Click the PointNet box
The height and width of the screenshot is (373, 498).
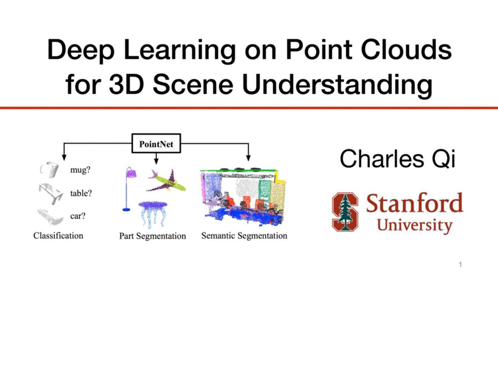[x=156, y=144]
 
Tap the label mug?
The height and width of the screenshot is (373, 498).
[x=80, y=170]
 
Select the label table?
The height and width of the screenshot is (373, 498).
[x=81, y=193]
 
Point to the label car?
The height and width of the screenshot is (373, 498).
[x=78, y=216]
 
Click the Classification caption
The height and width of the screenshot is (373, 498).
[x=59, y=236]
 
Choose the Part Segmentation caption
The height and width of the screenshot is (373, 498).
[x=153, y=236]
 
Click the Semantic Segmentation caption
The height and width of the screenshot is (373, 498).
[x=244, y=236]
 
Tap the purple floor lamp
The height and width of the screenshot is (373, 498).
[x=130, y=189]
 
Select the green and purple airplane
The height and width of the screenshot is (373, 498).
[x=167, y=181]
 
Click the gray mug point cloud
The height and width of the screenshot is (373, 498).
[x=49, y=169]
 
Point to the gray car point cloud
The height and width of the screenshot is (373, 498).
[x=50, y=217]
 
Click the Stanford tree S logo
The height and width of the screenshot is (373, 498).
[x=345, y=211]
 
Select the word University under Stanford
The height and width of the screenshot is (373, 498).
[x=415, y=225]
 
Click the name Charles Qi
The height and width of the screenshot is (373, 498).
[x=398, y=159]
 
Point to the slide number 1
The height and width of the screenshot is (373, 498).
[x=460, y=265]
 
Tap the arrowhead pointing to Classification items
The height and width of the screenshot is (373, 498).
[x=64, y=157]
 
